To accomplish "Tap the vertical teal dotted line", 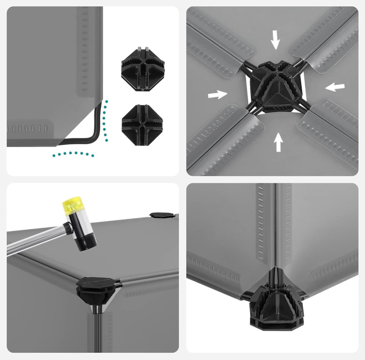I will click(x=106, y=121).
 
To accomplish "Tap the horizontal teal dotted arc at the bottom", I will click(x=73, y=154).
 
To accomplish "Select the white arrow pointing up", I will click(x=278, y=142).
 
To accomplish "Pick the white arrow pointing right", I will click(x=217, y=94).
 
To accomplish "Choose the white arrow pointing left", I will click(x=335, y=86).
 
